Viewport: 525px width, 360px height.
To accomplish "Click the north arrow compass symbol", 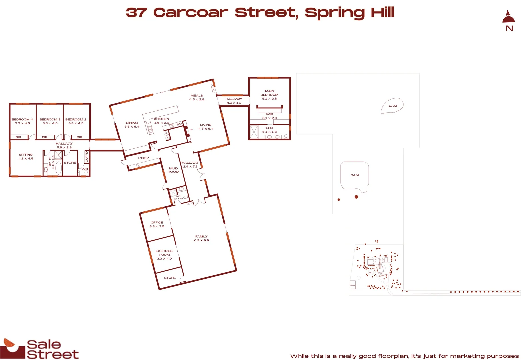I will (x=509, y=20).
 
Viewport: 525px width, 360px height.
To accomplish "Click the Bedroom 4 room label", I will (x=22, y=121).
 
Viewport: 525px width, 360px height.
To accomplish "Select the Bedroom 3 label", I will (x=50, y=121).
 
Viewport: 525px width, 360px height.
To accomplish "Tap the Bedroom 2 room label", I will (x=76, y=121).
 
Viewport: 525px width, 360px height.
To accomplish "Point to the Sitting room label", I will (x=26, y=157).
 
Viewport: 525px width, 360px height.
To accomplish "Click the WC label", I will (x=85, y=169).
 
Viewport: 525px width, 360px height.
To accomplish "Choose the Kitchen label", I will (x=162, y=121).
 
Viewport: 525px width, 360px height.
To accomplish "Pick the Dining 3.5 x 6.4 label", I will (x=132, y=125).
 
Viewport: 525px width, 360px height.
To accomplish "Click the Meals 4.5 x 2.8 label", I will (x=197, y=97).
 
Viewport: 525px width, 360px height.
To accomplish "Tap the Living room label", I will (x=206, y=127).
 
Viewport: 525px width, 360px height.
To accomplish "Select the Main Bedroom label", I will (x=269, y=95).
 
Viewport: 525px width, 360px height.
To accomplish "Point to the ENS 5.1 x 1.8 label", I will (x=269, y=130).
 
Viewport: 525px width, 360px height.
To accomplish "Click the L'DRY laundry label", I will (x=144, y=158).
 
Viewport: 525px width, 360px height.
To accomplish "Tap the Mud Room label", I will (x=173, y=170).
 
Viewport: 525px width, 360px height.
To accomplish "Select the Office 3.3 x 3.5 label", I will (x=157, y=224).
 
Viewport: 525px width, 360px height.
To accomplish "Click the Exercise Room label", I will (x=164, y=255).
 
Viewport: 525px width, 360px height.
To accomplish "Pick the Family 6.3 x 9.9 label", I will (x=201, y=238).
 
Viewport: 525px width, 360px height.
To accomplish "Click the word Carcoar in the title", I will (x=191, y=13).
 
